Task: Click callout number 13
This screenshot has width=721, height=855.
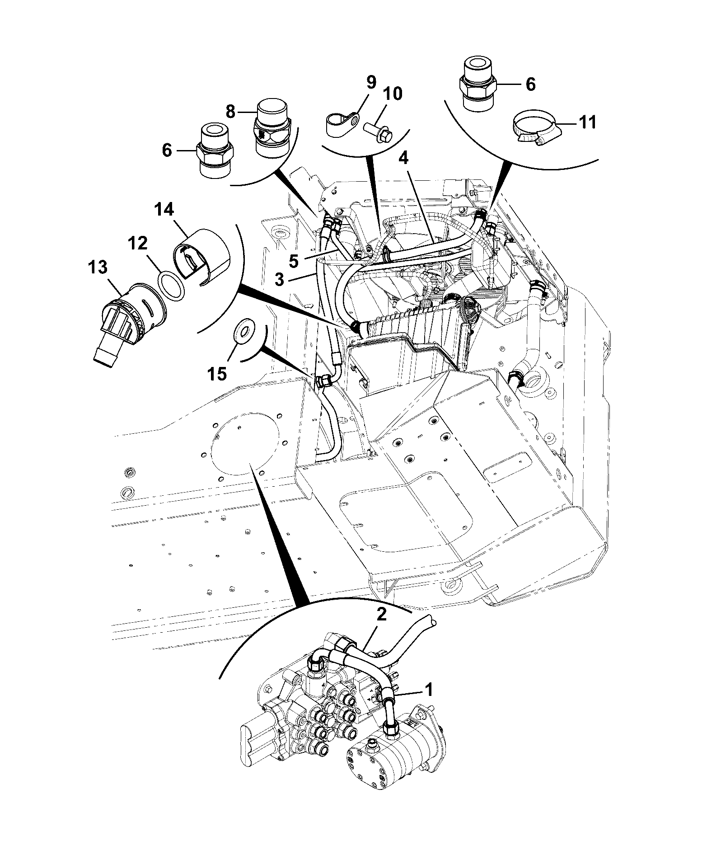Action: click(98, 268)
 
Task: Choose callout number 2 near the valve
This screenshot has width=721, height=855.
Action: click(382, 615)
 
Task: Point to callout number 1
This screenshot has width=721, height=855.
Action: click(428, 703)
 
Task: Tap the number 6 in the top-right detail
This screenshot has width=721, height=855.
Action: click(531, 85)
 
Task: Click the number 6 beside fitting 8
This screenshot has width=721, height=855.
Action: click(167, 150)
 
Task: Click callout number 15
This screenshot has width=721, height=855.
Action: click(216, 374)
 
